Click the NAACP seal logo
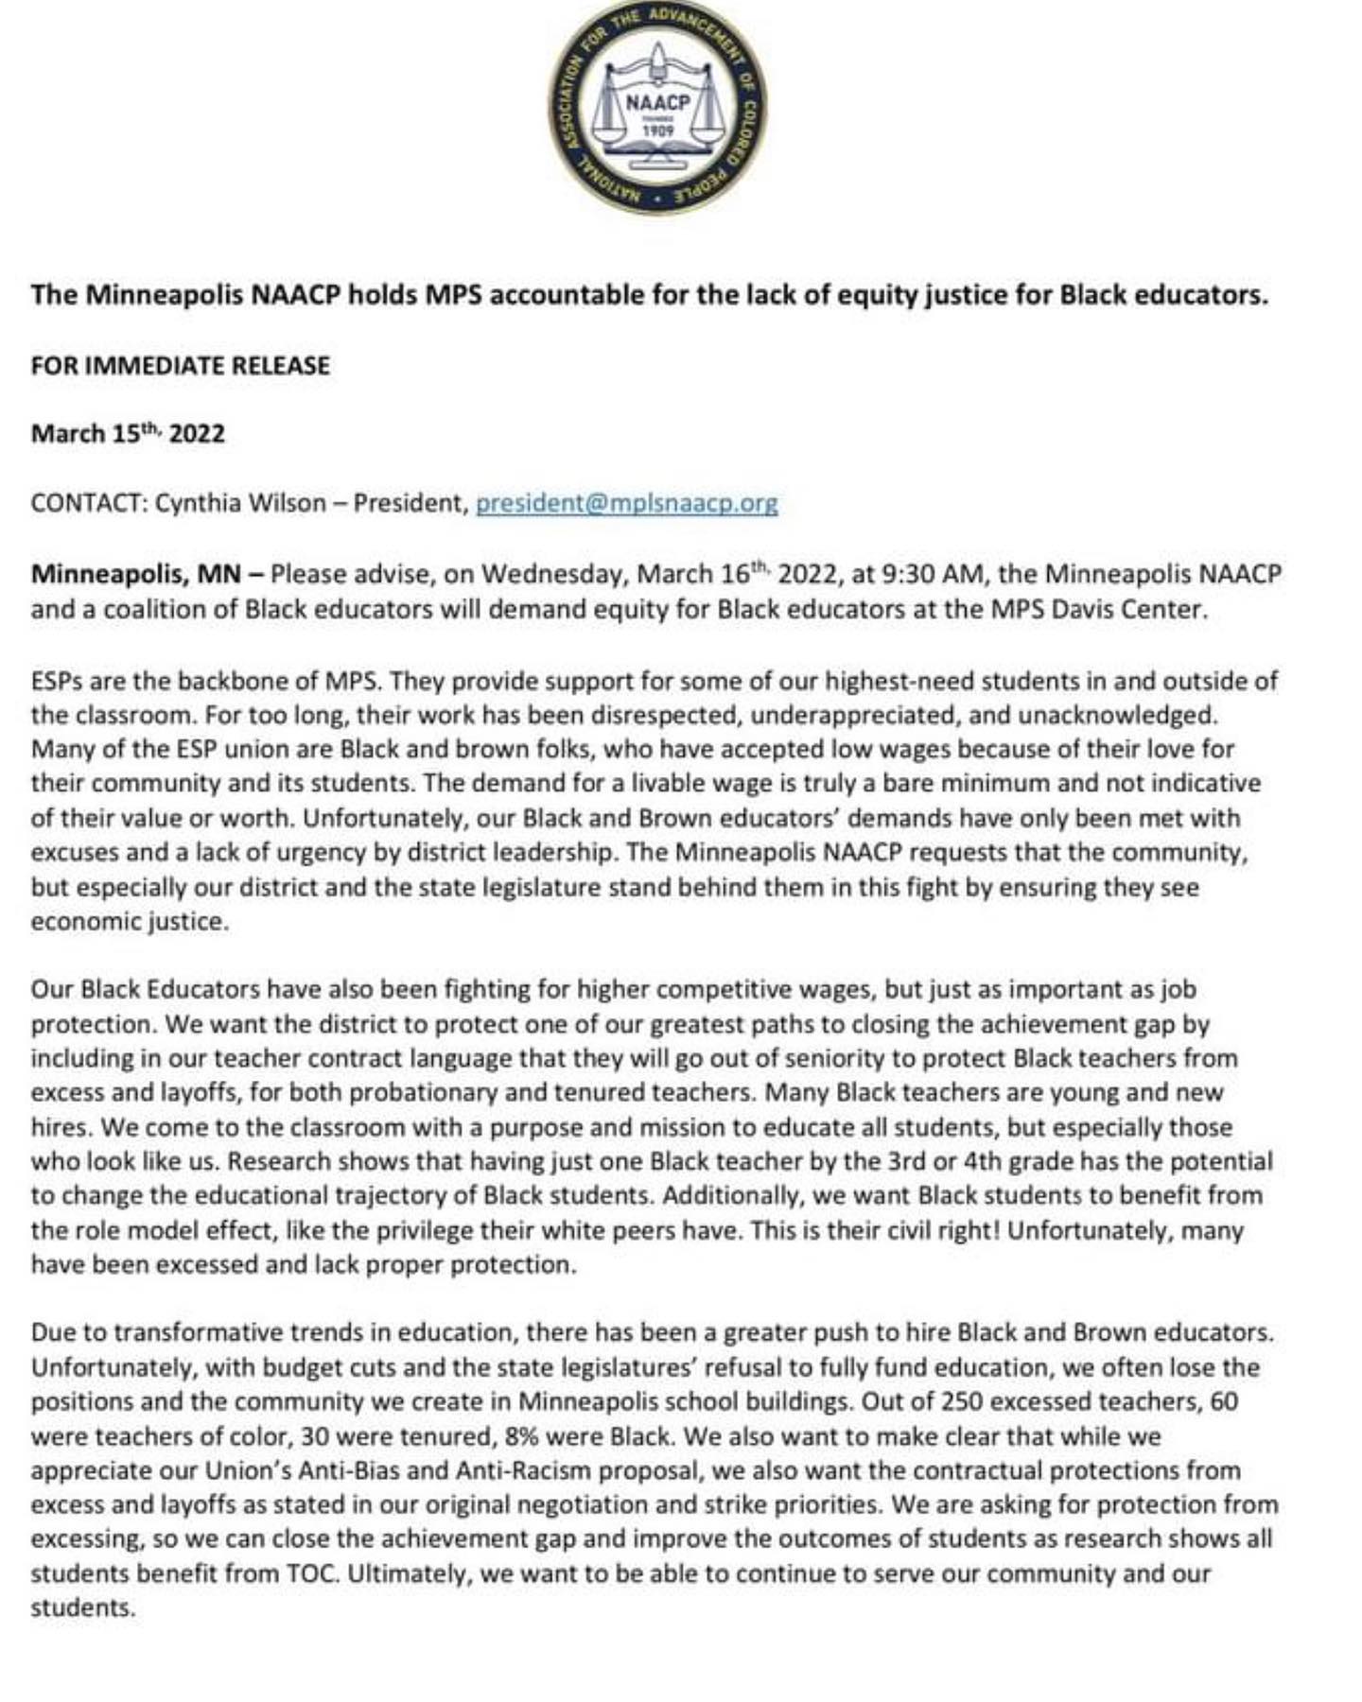pyautogui.click(x=658, y=105)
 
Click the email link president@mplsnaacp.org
pyautogui.click(x=626, y=503)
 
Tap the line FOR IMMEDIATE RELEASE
pyautogui.click(x=180, y=366)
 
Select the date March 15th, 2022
pyautogui.click(x=128, y=434)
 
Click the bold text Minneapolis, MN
pyautogui.click(x=135, y=574)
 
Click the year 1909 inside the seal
pyautogui.click(x=657, y=130)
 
